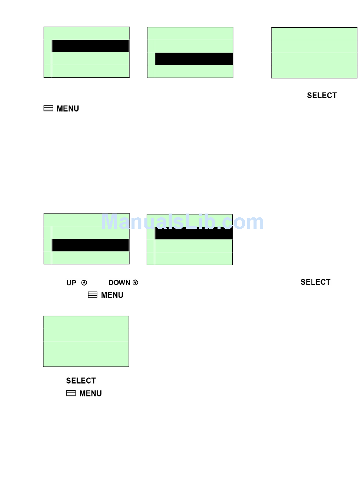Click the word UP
tap(71, 283)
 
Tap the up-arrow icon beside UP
tap(84, 283)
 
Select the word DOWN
tap(119, 283)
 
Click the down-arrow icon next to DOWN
tap(136, 283)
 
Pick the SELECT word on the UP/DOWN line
tap(315, 282)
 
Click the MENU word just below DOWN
tap(112, 295)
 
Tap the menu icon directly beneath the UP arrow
tap(92, 295)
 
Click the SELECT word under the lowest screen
tap(81, 381)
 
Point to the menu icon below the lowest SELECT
tap(71, 393)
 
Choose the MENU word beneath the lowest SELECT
tap(91, 394)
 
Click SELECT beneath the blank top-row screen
tap(322, 96)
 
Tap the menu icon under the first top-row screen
tap(48, 108)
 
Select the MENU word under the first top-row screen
tap(68, 109)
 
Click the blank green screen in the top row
tap(314, 53)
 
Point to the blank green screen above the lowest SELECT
tap(86, 341)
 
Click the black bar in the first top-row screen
tap(90, 46)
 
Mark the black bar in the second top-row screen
tap(194, 59)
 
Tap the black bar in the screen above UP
tap(90, 245)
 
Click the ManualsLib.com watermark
tap(182, 222)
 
